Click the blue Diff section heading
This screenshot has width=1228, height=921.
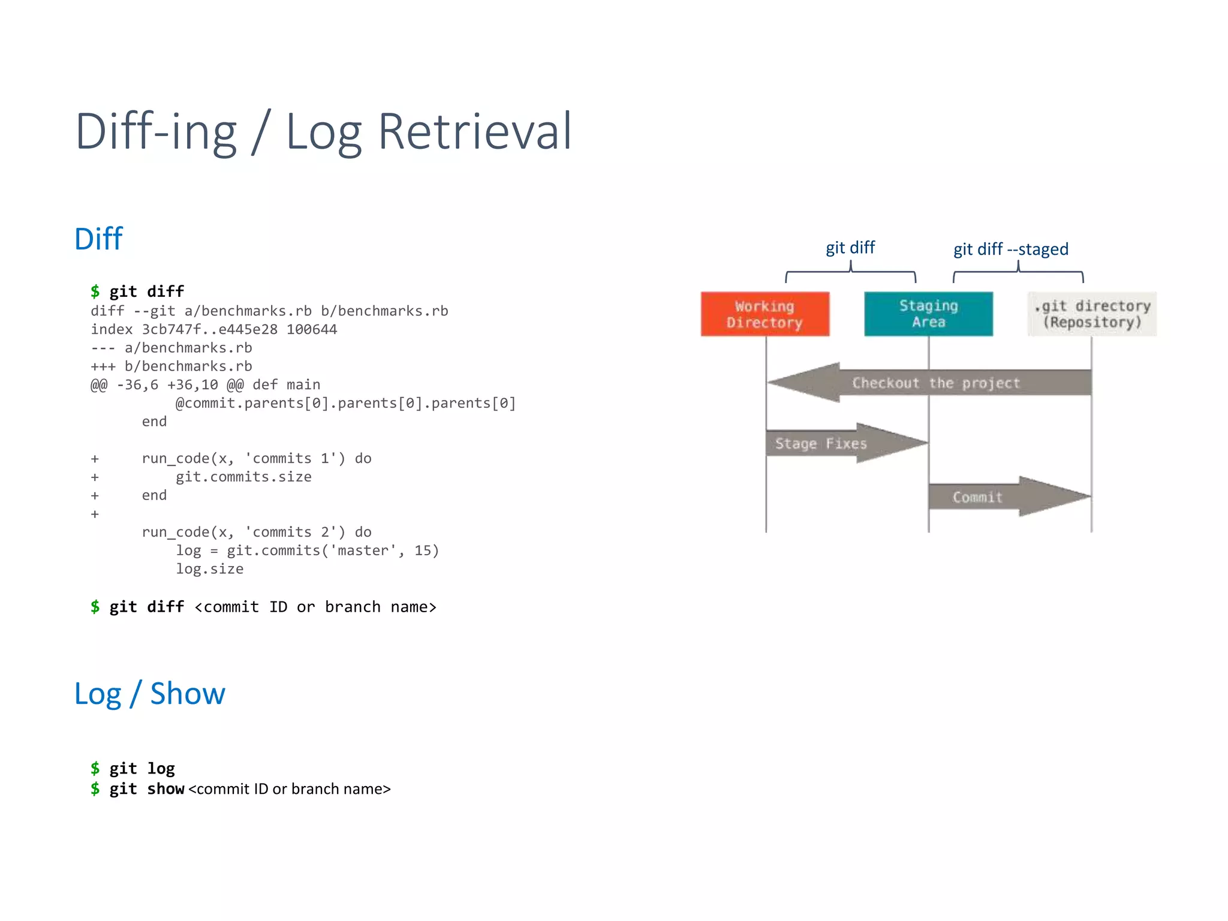coord(98,239)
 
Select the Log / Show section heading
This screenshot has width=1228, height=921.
coord(150,694)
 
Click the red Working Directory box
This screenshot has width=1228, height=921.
coord(765,314)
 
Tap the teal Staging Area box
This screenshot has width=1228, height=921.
coord(928,314)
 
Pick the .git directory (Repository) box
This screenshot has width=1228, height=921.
coord(1091,314)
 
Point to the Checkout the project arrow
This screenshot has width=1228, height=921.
coord(935,383)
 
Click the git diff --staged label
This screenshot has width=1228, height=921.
coord(1011,249)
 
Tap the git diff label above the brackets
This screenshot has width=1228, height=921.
coord(850,248)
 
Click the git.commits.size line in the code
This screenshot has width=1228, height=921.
coord(243,477)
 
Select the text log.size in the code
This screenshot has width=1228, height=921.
coord(209,569)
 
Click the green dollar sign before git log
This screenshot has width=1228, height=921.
coord(95,768)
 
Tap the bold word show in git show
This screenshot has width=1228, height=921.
coord(165,789)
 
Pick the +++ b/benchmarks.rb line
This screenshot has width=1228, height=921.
coord(171,366)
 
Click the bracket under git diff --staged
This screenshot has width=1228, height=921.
coord(1018,273)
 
